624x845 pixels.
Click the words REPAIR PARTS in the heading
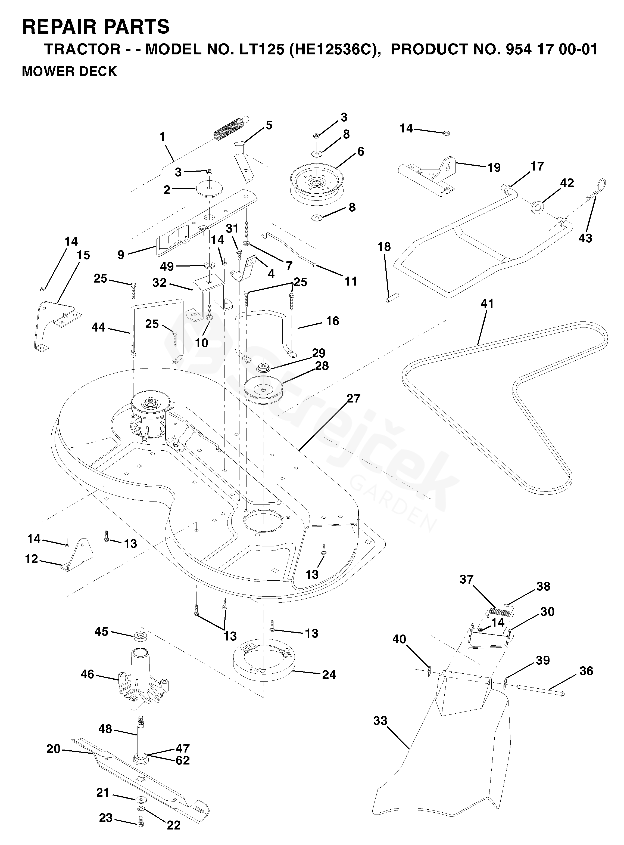[96, 27]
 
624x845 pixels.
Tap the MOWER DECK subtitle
[70, 72]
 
